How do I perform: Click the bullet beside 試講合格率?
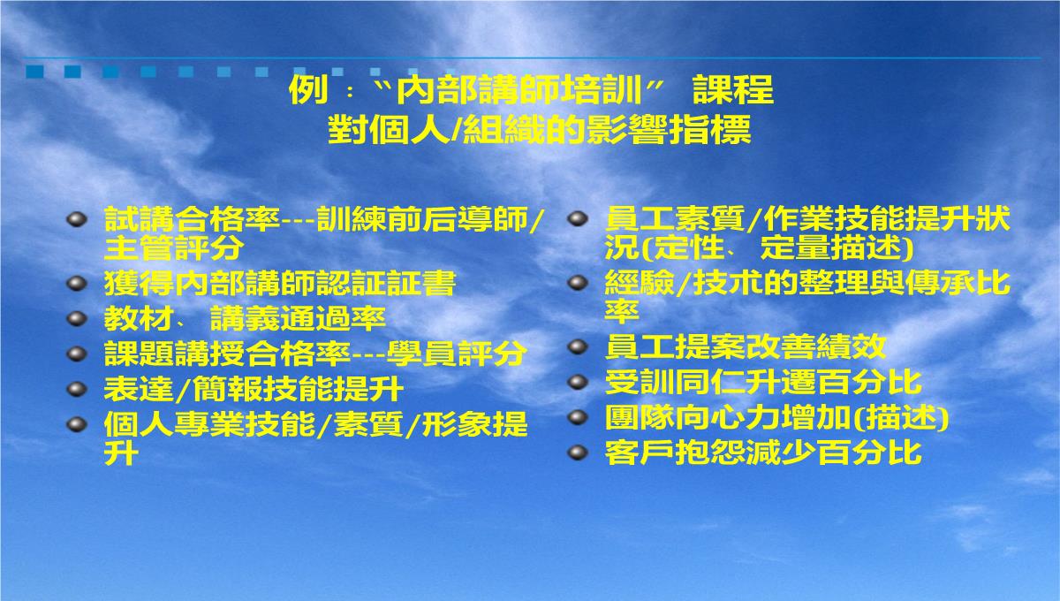tap(77, 220)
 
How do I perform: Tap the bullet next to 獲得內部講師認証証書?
tap(77, 283)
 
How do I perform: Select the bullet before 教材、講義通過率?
tap(77, 318)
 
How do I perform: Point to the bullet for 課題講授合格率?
tap(77, 354)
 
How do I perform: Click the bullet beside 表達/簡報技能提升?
tap(77, 389)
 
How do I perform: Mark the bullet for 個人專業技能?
tap(77, 424)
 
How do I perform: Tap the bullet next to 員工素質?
tap(578, 219)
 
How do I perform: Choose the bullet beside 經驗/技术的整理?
tap(578, 283)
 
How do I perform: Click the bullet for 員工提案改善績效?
tap(578, 346)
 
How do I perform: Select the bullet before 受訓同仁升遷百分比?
tap(578, 382)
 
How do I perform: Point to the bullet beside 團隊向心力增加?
tap(578, 417)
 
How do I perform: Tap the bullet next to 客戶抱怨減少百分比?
tap(578, 453)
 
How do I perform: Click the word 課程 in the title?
tap(733, 89)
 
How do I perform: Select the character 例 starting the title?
tap(308, 89)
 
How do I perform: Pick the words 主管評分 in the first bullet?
tap(174, 247)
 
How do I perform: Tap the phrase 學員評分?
tap(456, 354)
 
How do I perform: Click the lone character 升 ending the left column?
tap(122, 453)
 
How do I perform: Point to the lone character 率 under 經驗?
tap(622, 311)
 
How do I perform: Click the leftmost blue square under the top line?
tap(35, 72)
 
